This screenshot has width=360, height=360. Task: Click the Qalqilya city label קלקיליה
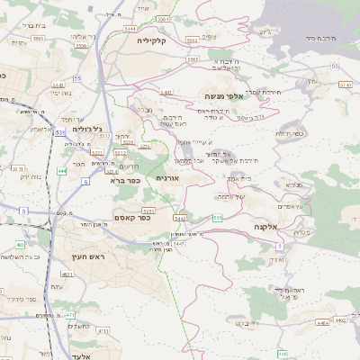[x=154, y=40]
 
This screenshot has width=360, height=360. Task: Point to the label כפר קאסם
[x=132, y=217]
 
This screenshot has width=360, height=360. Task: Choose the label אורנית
[x=168, y=178]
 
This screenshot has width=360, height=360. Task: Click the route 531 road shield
[x=59, y=132]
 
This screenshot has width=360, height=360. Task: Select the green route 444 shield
[x=62, y=171]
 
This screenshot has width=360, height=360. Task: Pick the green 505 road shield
[x=218, y=217]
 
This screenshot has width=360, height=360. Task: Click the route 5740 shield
[x=346, y=84]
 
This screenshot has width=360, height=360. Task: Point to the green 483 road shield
[x=20, y=244]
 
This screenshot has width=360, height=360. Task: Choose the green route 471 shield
[x=70, y=314]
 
